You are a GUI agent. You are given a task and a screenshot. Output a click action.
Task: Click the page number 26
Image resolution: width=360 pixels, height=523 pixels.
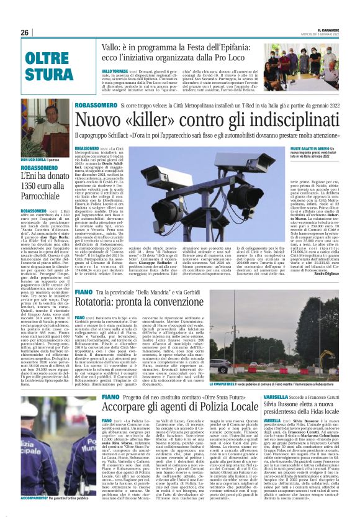coord(25,32)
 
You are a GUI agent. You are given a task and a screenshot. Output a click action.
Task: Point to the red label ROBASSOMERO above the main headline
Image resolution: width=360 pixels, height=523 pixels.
coord(94,105)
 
